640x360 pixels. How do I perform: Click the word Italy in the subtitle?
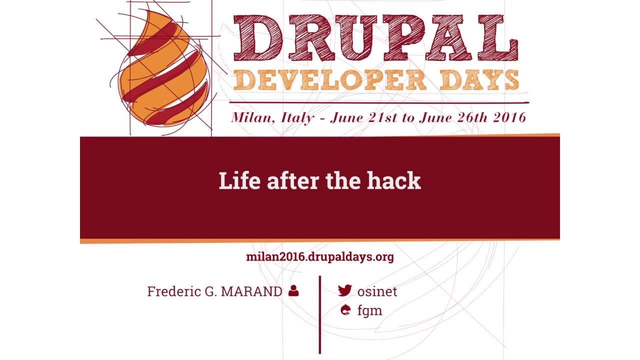tap(298, 117)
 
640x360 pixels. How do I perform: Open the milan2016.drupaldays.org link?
tap(320, 257)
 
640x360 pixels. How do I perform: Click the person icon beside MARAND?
tap(293, 290)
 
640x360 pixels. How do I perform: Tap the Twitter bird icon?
tap(344, 290)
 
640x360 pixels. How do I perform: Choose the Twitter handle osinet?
tap(377, 291)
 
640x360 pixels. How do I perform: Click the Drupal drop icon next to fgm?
tap(344, 310)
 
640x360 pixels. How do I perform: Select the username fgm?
tap(369, 310)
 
